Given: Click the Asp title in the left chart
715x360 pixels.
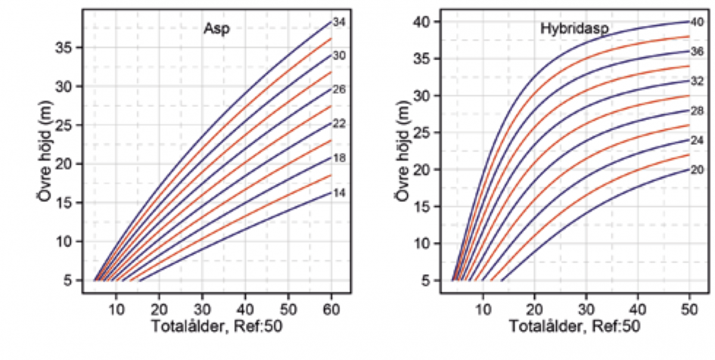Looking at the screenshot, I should [216, 29].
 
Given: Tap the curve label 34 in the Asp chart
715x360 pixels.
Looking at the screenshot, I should [340, 22].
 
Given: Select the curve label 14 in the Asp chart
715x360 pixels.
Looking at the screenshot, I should [340, 193].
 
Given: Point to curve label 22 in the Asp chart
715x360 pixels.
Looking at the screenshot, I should [340, 124].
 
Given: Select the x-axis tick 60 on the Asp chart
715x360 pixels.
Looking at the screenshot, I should [331, 308].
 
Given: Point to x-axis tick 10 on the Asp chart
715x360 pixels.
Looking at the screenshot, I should [117, 308].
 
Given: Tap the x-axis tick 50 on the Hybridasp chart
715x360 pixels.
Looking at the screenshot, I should [689, 308].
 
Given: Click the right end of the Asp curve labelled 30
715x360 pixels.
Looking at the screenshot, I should [331, 55].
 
